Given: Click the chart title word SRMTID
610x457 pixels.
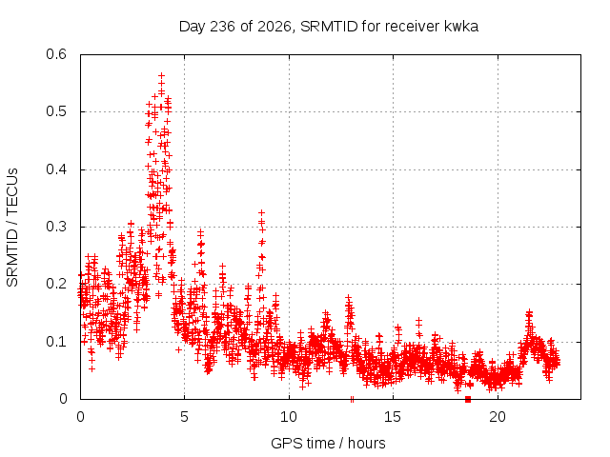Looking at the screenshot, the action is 329,27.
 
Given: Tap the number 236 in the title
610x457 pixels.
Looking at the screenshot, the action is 222,27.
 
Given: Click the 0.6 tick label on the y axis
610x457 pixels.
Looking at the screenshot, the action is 56,54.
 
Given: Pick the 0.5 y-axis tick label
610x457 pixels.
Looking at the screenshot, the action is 56,111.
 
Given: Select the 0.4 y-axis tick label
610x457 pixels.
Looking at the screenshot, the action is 56,169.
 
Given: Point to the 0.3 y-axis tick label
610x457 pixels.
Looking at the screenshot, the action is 56,227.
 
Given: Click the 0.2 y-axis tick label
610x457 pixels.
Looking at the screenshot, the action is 56,284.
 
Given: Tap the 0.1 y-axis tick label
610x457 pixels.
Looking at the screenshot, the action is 56,342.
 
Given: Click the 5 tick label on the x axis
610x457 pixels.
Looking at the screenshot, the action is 184,417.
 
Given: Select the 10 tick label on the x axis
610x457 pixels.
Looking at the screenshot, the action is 289,417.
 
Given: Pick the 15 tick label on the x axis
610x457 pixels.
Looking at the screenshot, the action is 393,417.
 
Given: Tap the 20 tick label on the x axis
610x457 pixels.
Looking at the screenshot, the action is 498,417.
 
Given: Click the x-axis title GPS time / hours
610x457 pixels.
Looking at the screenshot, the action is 328,443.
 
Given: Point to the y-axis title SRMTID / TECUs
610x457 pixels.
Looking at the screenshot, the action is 12,228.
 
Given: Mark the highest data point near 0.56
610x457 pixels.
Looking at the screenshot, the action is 161,75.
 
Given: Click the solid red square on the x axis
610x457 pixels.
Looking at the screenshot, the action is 468,399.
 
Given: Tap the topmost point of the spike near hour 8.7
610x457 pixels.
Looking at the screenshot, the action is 262,212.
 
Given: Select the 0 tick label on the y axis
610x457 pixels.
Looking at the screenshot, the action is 63,399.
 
